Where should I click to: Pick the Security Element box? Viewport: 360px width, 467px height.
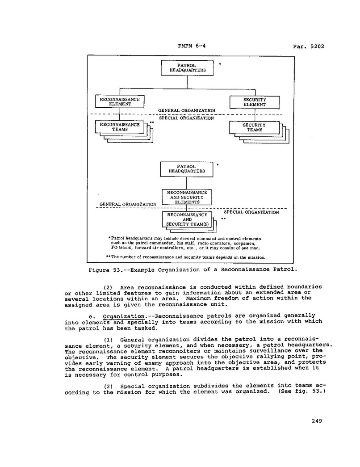tap(255, 102)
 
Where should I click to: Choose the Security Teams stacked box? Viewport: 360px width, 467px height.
tap(255, 128)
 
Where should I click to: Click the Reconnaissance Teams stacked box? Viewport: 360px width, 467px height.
tap(120, 127)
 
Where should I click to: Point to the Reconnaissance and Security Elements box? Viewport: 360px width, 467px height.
tap(186, 197)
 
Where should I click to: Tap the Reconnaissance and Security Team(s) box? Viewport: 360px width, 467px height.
tap(187, 219)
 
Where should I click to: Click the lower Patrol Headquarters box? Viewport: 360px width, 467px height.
tap(187, 169)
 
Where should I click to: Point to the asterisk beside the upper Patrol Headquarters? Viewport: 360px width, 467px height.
tap(220, 64)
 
